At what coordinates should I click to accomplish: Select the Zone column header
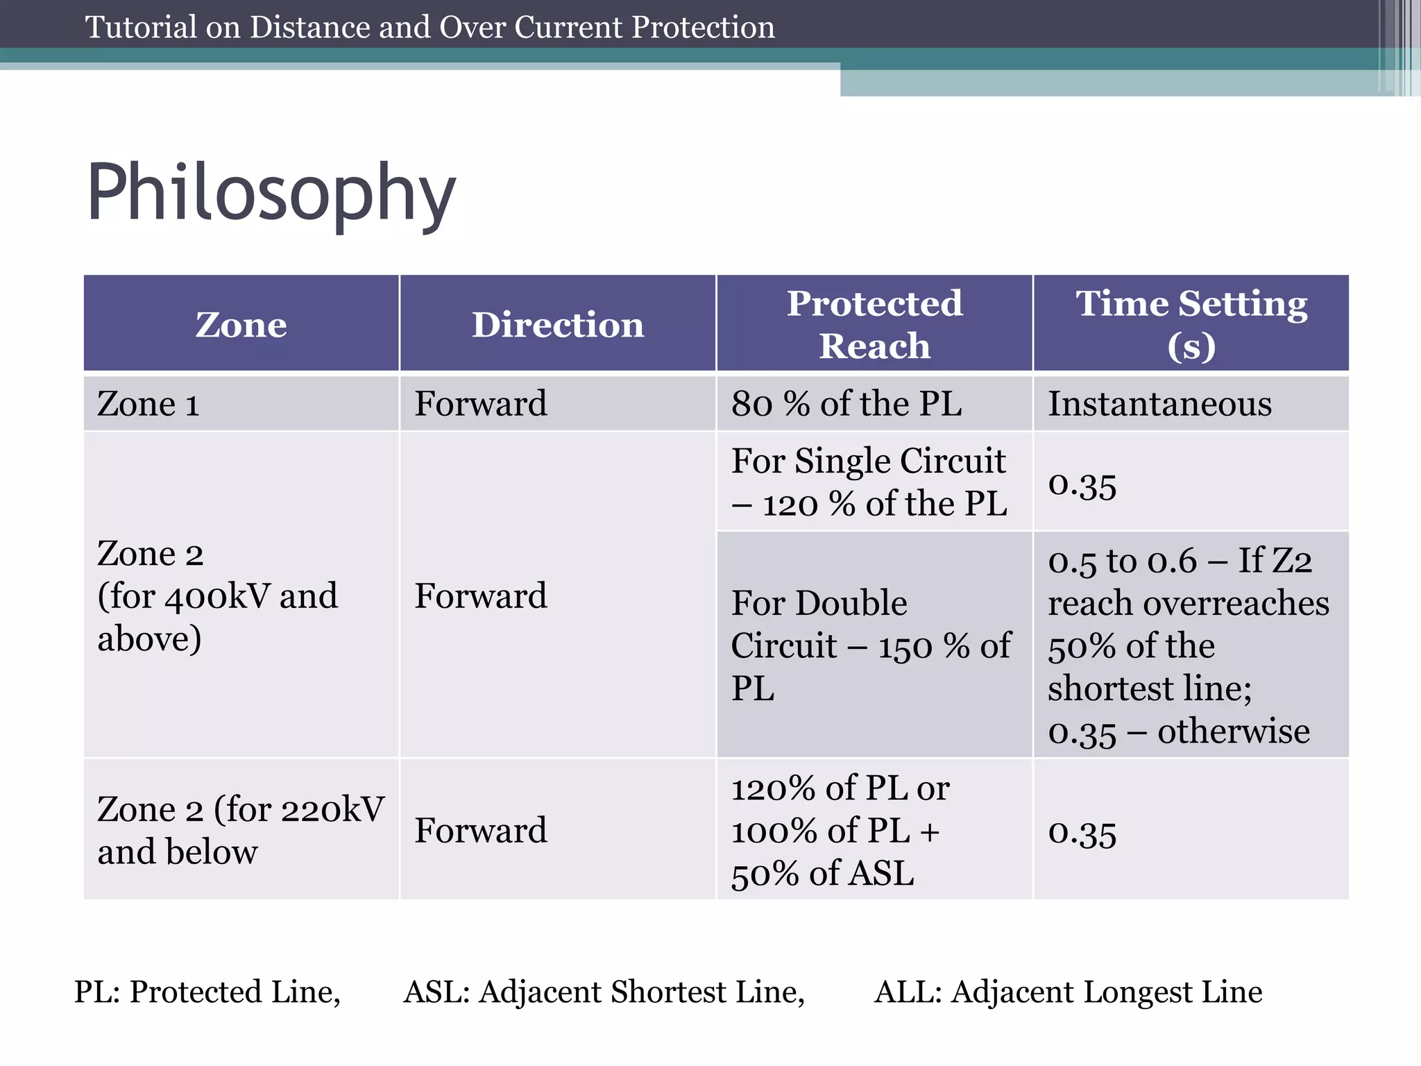pyautogui.click(x=241, y=324)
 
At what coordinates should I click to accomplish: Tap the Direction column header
pyautogui.click(x=558, y=324)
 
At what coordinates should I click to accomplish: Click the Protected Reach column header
pyautogui.click(x=874, y=324)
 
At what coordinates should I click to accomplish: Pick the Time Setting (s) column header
pyautogui.click(x=1191, y=324)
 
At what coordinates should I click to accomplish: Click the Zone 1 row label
pyautogui.click(x=148, y=404)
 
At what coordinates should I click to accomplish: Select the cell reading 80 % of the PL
pyautogui.click(x=846, y=404)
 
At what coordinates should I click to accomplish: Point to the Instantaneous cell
pyautogui.click(x=1159, y=404)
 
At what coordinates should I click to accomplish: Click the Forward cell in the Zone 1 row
pyautogui.click(x=481, y=404)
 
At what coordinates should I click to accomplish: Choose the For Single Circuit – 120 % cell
pyautogui.click(x=869, y=482)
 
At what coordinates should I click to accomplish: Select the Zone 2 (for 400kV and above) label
pyautogui.click(x=217, y=595)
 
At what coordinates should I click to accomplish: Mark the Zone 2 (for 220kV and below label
pyautogui.click(x=240, y=830)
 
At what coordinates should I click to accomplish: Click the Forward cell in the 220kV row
pyautogui.click(x=481, y=830)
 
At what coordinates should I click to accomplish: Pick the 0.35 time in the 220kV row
pyautogui.click(x=1082, y=833)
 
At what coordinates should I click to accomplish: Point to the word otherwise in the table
pyautogui.click(x=1233, y=731)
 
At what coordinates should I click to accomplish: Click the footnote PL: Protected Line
pyautogui.click(x=207, y=992)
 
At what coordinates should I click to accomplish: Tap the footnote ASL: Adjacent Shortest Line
pyautogui.click(x=604, y=992)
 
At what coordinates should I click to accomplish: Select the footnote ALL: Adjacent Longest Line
pyautogui.click(x=1068, y=992)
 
